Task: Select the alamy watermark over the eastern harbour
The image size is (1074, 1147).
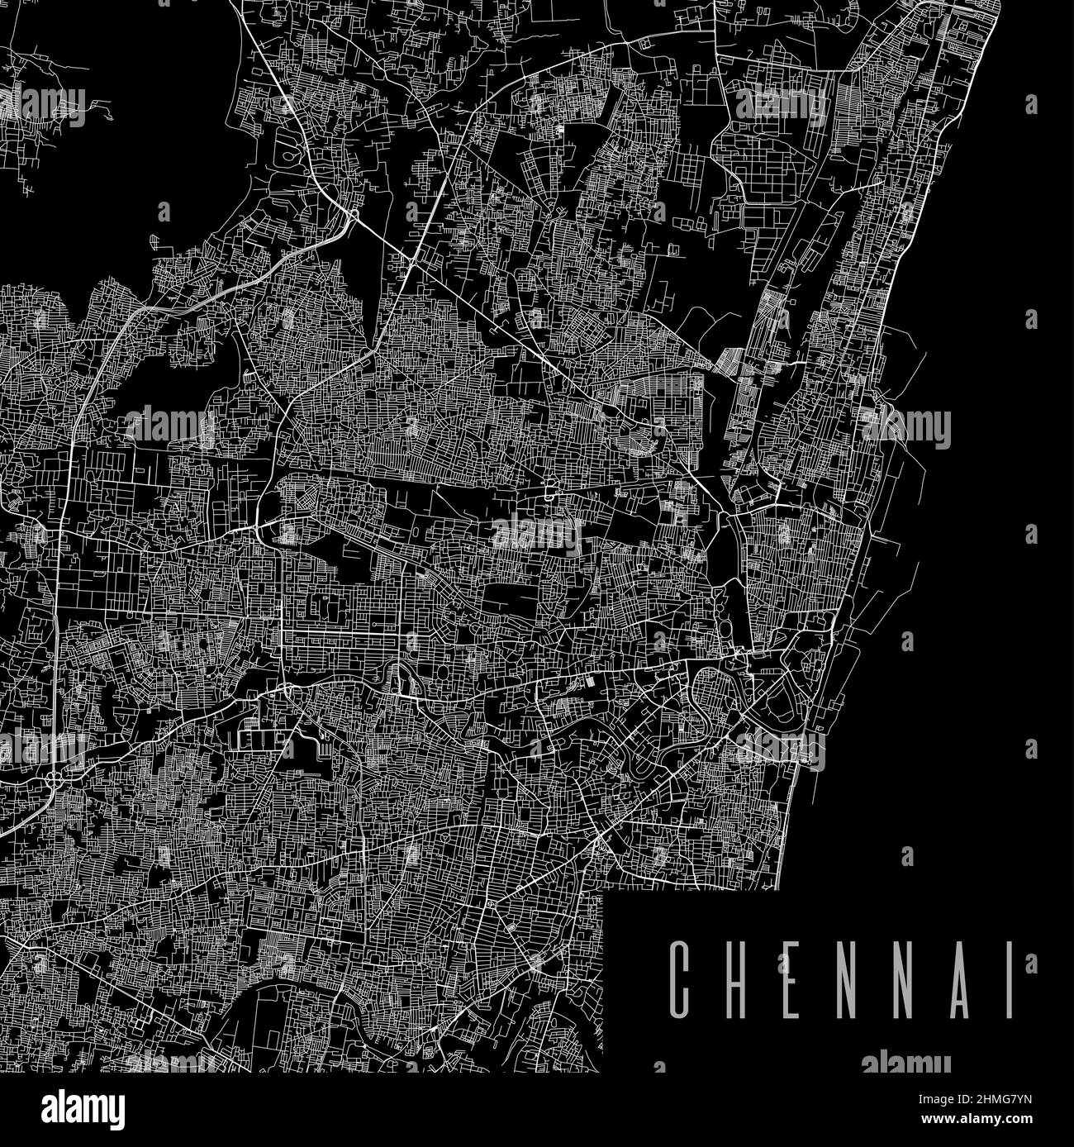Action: tap(905, 426)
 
